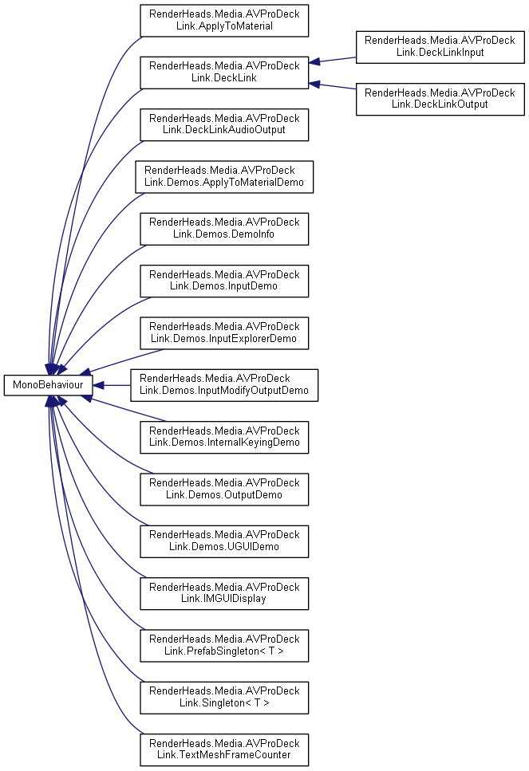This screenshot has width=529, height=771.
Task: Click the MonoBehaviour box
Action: tap(49, 385)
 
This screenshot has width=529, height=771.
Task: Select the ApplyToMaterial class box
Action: tap(224, 20)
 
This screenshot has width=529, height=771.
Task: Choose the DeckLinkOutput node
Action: tap(440, 99)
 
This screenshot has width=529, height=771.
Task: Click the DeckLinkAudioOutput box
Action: tap(224, 124)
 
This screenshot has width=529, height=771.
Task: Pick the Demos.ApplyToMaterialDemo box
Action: tap(224, 176)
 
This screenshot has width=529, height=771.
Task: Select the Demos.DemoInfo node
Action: tap(224, 228)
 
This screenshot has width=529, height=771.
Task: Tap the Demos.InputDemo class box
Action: tap(224, 281)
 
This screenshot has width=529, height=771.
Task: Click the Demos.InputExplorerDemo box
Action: tap(224, 332)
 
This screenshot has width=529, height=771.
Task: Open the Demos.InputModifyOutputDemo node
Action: tap(224, 385)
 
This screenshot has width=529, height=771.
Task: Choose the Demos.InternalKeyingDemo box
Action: tap(224, 437)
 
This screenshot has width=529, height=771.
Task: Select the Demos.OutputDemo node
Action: tap(224, 489)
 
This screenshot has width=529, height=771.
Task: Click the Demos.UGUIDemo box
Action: tap(224, 541)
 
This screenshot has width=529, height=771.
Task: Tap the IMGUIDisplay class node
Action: tap(224, 593)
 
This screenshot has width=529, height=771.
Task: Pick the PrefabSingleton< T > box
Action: tap(224, 645)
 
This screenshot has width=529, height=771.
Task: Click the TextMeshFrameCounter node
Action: tap(224, 749)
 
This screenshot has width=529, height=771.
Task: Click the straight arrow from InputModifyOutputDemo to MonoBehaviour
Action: tap(112, 385)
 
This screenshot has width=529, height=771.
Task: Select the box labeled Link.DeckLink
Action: tap(224, 73)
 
